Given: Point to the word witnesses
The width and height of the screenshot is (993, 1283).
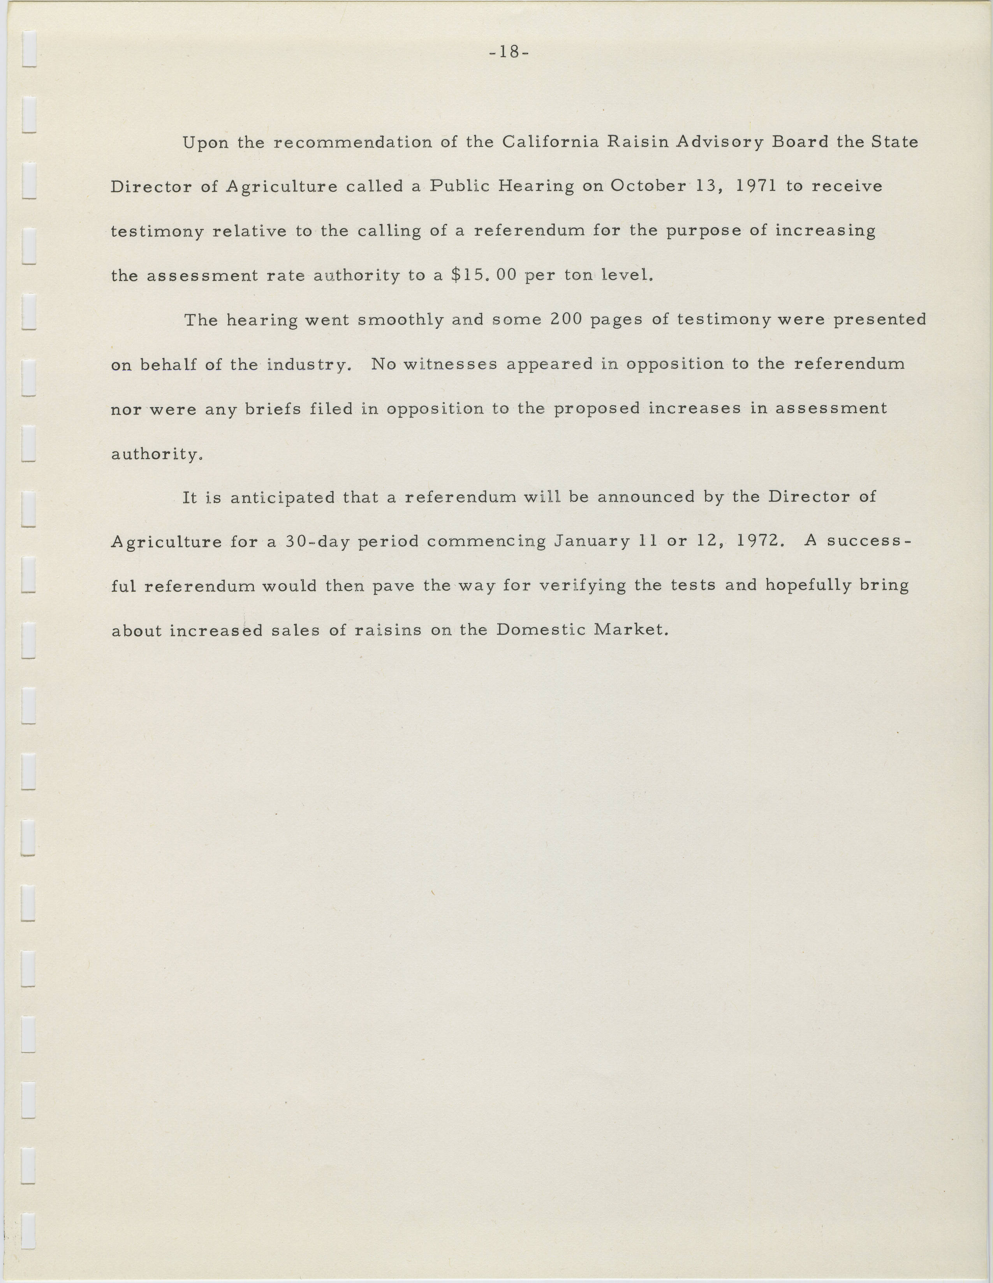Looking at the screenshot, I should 450,364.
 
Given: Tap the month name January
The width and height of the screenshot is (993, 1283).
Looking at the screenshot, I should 592,541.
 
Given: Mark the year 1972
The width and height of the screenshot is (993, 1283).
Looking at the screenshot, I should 760,541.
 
